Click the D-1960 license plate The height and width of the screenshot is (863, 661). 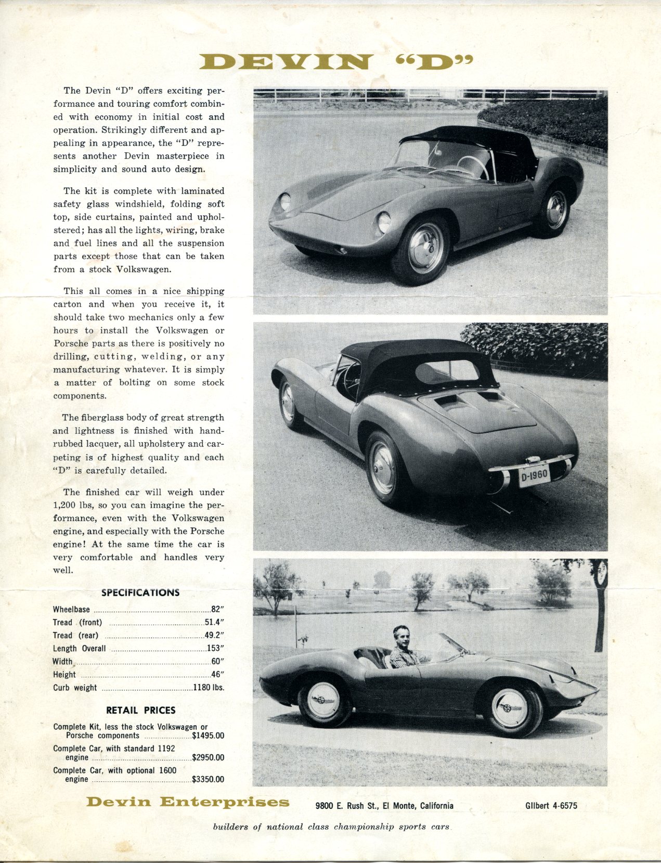[534, 475]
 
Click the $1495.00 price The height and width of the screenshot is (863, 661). [208, 736]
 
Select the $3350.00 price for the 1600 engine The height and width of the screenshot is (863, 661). [208, 779]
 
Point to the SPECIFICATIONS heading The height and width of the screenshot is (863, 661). [140, 592]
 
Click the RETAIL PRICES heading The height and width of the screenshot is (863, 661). [140, 710]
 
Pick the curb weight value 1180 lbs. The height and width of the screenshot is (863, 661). [209, 687]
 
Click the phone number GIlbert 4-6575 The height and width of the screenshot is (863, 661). [551, 806]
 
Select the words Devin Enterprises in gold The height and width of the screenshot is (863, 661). [188, 802]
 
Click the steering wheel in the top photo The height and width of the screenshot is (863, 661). [473, 165]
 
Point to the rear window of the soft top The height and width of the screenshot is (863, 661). [447, 370]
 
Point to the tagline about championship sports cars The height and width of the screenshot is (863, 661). [331, 827]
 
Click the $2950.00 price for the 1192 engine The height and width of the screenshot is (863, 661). [208, 757]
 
